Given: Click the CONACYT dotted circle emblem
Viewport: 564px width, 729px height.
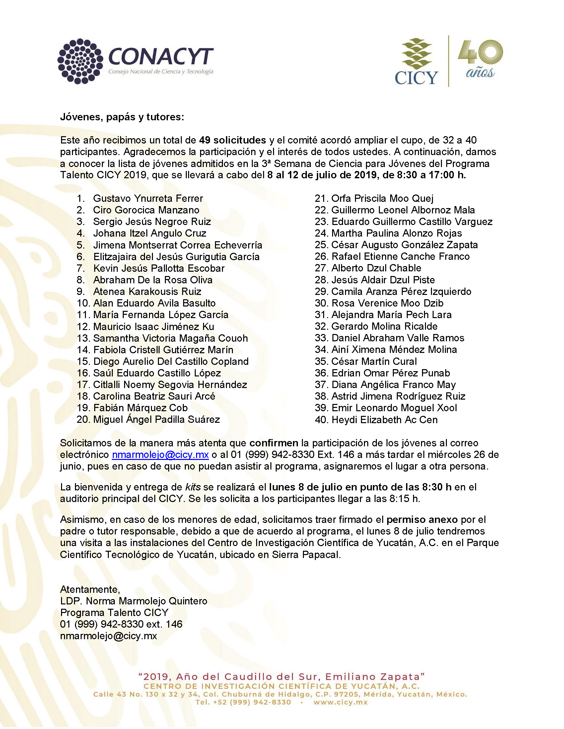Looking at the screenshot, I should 80,61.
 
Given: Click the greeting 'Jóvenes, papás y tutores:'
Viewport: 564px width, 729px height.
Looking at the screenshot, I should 122,117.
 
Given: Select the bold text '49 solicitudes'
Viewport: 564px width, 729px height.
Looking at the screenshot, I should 233,140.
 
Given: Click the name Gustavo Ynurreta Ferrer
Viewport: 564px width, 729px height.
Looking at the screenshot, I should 148,198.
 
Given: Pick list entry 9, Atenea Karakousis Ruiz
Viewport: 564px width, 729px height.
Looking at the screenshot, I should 147,291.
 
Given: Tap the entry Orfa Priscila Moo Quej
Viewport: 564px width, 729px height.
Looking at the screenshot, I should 382,198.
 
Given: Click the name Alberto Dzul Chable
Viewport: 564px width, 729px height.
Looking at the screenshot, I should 376,268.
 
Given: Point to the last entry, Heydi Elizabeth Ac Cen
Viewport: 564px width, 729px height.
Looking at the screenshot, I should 384,420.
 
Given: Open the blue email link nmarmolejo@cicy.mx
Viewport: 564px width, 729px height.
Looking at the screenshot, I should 160,455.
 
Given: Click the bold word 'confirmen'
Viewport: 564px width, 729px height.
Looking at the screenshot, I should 274,443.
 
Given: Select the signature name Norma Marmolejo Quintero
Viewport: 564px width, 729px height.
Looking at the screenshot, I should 146,601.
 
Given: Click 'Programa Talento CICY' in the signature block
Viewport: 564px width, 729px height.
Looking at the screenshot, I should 114,612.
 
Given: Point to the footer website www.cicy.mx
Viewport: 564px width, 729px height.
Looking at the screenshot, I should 340,702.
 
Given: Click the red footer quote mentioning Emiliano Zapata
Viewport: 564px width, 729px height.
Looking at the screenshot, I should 281,677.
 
